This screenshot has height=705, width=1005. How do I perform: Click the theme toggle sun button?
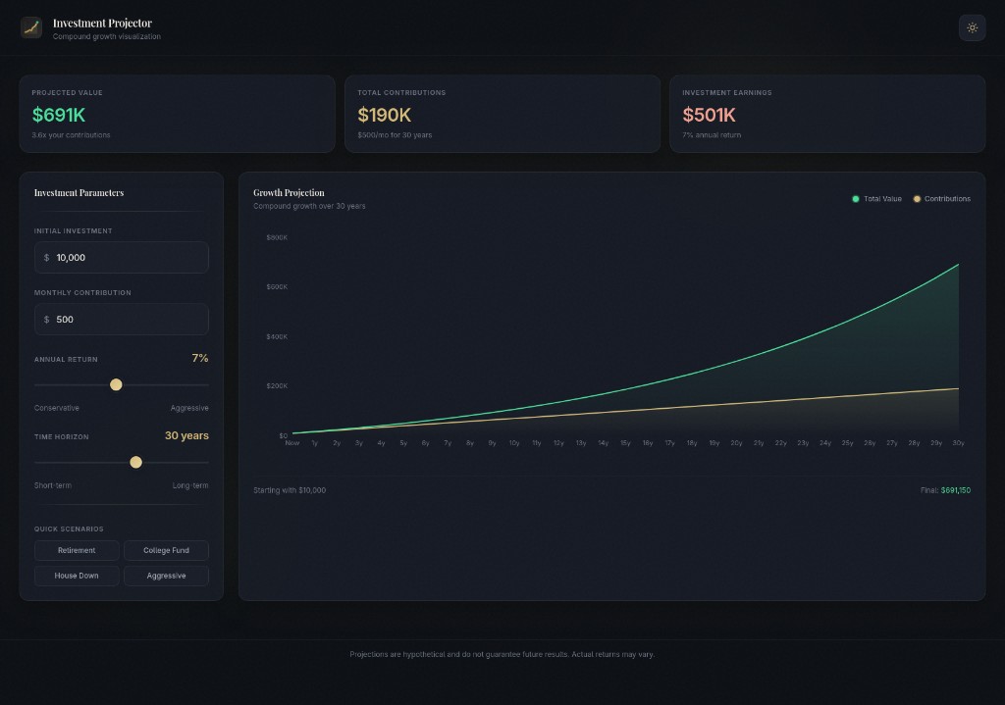click(x=972, y=27)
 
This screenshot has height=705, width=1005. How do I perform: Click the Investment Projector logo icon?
click(x=31, y=27)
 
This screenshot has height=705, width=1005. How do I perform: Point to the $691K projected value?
click(x=59, y=115)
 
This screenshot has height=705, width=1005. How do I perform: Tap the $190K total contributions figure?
click(x=384, y=115)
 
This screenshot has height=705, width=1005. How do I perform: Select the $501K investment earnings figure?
click(x=709, y=115)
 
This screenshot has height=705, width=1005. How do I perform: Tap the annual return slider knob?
click(x=116, y=384)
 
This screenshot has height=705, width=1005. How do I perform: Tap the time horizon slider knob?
click(x=135, y=462)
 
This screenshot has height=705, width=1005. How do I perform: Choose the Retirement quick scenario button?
click(x=77, y=550)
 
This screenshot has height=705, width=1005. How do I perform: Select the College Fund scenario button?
click(x=166, y=550)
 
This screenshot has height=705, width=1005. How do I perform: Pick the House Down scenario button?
click(x=77, y=576)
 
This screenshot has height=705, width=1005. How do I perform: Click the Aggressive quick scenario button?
click(x=166, y=576)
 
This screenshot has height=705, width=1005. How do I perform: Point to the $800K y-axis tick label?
click(x=277, y=237)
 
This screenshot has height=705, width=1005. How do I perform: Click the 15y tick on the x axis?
click(x=625, y=443)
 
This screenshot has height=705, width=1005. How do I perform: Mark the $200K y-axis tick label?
click(x=277, y=385)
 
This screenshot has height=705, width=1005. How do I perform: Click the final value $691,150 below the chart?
click(x=955, y=490)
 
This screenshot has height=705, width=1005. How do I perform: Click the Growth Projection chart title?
click(x=289, y=193)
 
